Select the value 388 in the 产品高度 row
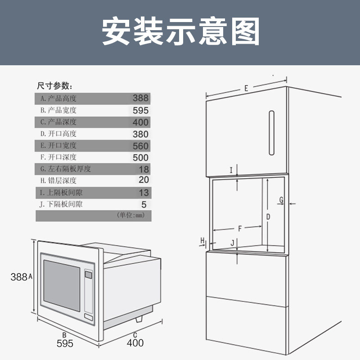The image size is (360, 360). (140, 98)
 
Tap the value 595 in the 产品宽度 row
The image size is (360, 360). (140, 110)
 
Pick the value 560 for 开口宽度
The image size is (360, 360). (140, 146)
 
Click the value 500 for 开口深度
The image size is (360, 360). (140, 157)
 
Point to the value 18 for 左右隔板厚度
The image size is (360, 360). (143, 169)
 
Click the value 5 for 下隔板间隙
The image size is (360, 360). (144, 204)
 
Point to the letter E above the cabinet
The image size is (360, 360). (246, 88)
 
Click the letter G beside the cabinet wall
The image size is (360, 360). (281, 200)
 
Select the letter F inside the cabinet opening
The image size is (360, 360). (240, 228)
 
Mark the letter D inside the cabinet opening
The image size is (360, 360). (268, 217)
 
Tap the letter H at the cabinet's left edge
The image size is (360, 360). (202, 239)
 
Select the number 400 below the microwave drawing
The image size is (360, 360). (135, 343)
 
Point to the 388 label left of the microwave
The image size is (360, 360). (19, 277)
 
